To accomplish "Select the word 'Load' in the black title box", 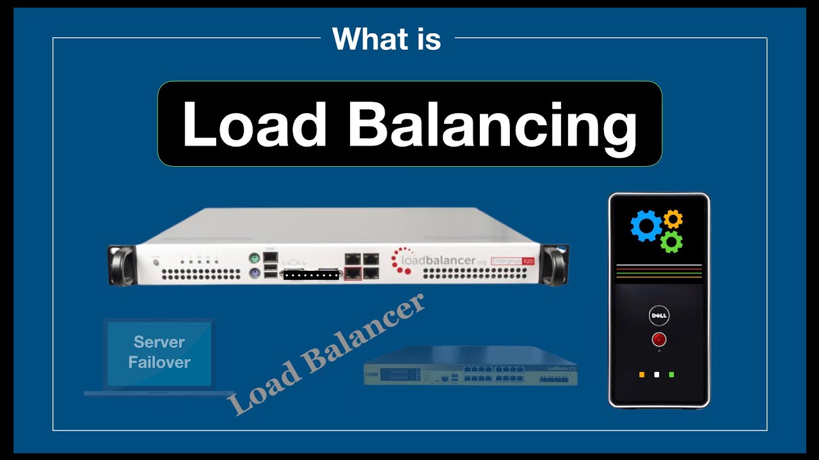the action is (x=255, y=124).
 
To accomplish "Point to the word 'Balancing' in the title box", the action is (x=493, y=124).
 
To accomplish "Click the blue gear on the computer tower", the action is (x=646, y=226).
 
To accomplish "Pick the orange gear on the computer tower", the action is (x=673, y=219).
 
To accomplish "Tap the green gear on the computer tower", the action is (x=671, y=241).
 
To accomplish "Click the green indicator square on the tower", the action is (x=671, y=374).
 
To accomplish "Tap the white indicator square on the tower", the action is (x=656, y=374).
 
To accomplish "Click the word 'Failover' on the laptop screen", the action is (x=159, y=362).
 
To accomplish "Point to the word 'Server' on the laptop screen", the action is (x=159, y=342).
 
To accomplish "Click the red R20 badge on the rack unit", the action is (x=529, y=261).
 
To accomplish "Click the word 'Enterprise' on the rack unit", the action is (x=505, y=261).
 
